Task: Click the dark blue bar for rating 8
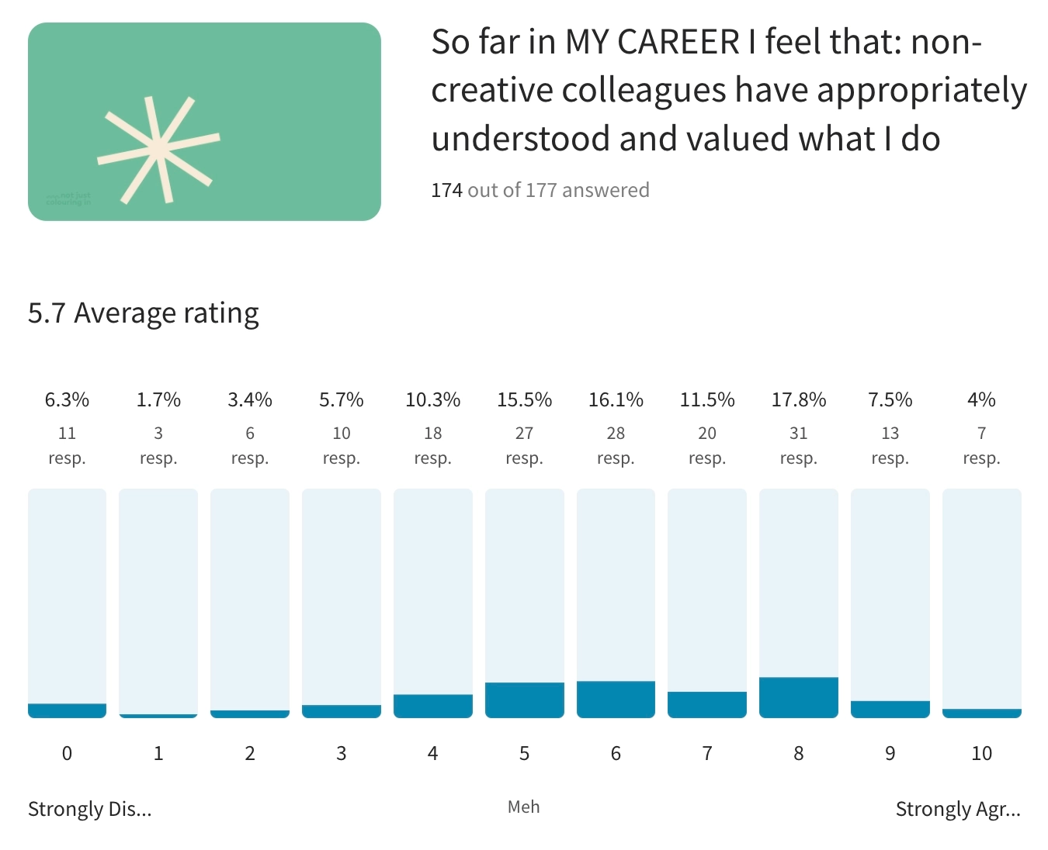[x=798, y=697]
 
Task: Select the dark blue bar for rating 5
[x=524, y=700]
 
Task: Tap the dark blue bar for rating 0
[x=67, y=710]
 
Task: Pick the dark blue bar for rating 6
[x=616, y=699]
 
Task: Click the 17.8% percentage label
[x=798, y=399]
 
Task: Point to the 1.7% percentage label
[x=158, y=399]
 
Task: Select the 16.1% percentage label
[x=616, y=399]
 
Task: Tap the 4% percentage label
[x=981, y=399]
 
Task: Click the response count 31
[x=798, y=433]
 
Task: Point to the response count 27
[x=524, y=433]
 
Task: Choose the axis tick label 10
[x=981, y=753]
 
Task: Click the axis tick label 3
[x=342, y=753]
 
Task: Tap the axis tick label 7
[x=707, y=753]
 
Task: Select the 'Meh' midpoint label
[x=524, y=807]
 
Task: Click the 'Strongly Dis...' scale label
[x=90, y=809]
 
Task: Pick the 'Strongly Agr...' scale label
[x=958, y=809]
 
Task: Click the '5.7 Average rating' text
[x=144, y=313]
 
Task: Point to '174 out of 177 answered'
[x=540, y=190]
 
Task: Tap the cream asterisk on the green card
[x=158, y=149]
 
